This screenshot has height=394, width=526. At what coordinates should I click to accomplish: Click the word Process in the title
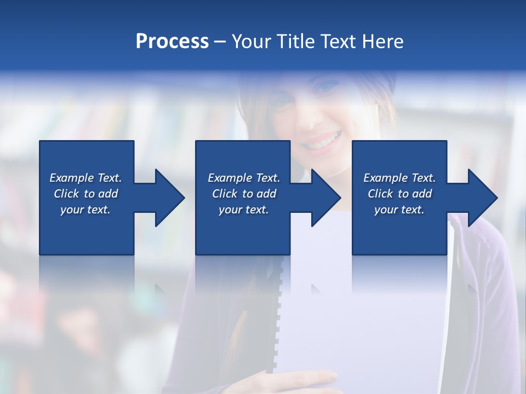172,42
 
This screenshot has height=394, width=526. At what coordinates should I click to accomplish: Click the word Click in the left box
66,194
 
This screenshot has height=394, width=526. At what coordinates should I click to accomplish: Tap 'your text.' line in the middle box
243,210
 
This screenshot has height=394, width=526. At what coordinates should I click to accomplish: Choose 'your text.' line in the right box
399,210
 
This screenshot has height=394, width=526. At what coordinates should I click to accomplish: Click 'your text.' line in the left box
85,210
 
